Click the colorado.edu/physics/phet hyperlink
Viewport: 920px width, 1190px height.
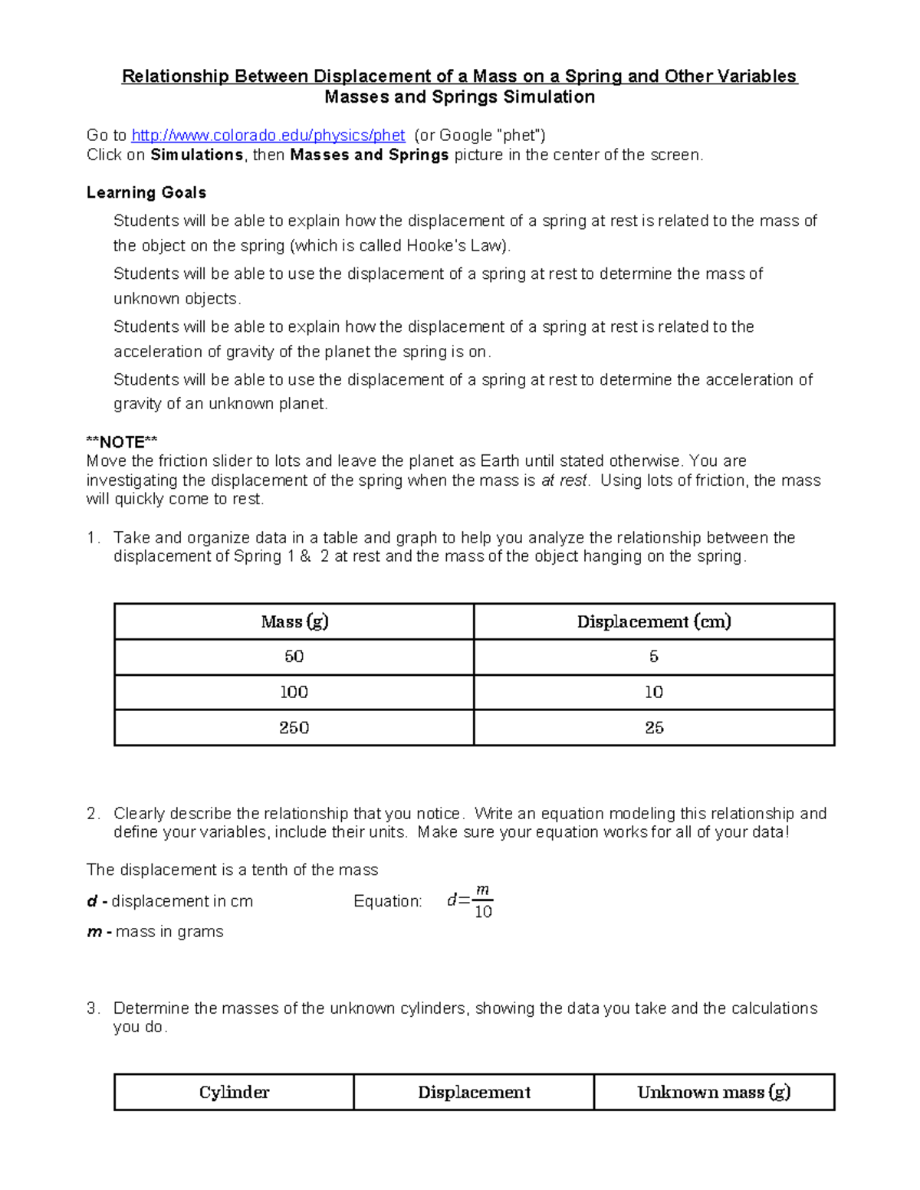pyautogui.click(x=268, y=136)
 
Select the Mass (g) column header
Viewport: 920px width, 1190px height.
pyautogui.click(x=294, y=621)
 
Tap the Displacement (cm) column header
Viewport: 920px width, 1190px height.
pyautogui.click(x=654, y=621)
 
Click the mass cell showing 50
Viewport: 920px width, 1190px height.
pyautogui.click(x=294, y=657)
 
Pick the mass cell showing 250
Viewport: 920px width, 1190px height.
pyautogui.click(x=294, y=727)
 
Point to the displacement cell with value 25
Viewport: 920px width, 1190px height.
pyautogui.click(x=654, y=727)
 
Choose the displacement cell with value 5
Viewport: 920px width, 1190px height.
pyautogui.click(x=654, y=657)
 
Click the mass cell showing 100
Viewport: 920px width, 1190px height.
pyautogui.click(x=294, y=692)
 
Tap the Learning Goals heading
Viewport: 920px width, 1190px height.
pyautogui.click(x=146, y=192)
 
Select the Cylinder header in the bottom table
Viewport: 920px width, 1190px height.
pyautogui.click(x=234, y=1092)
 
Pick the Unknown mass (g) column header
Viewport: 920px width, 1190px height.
pyautogui.click(x=714, y=1092)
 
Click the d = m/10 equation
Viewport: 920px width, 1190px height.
pyautogui.click(x=470, y=901)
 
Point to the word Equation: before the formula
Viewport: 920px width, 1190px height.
pyautogui.click(x=387, y=901)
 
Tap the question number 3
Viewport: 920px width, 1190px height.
pyautogui.click(x=92, y=1008)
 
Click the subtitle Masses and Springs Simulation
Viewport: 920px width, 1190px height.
pyautogui.click(x=459, y=97)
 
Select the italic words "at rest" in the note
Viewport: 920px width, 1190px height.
pyautogui.click(x=564, y=480)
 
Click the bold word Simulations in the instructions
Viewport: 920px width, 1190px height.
pyautogui.click(x=197, y=155)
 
